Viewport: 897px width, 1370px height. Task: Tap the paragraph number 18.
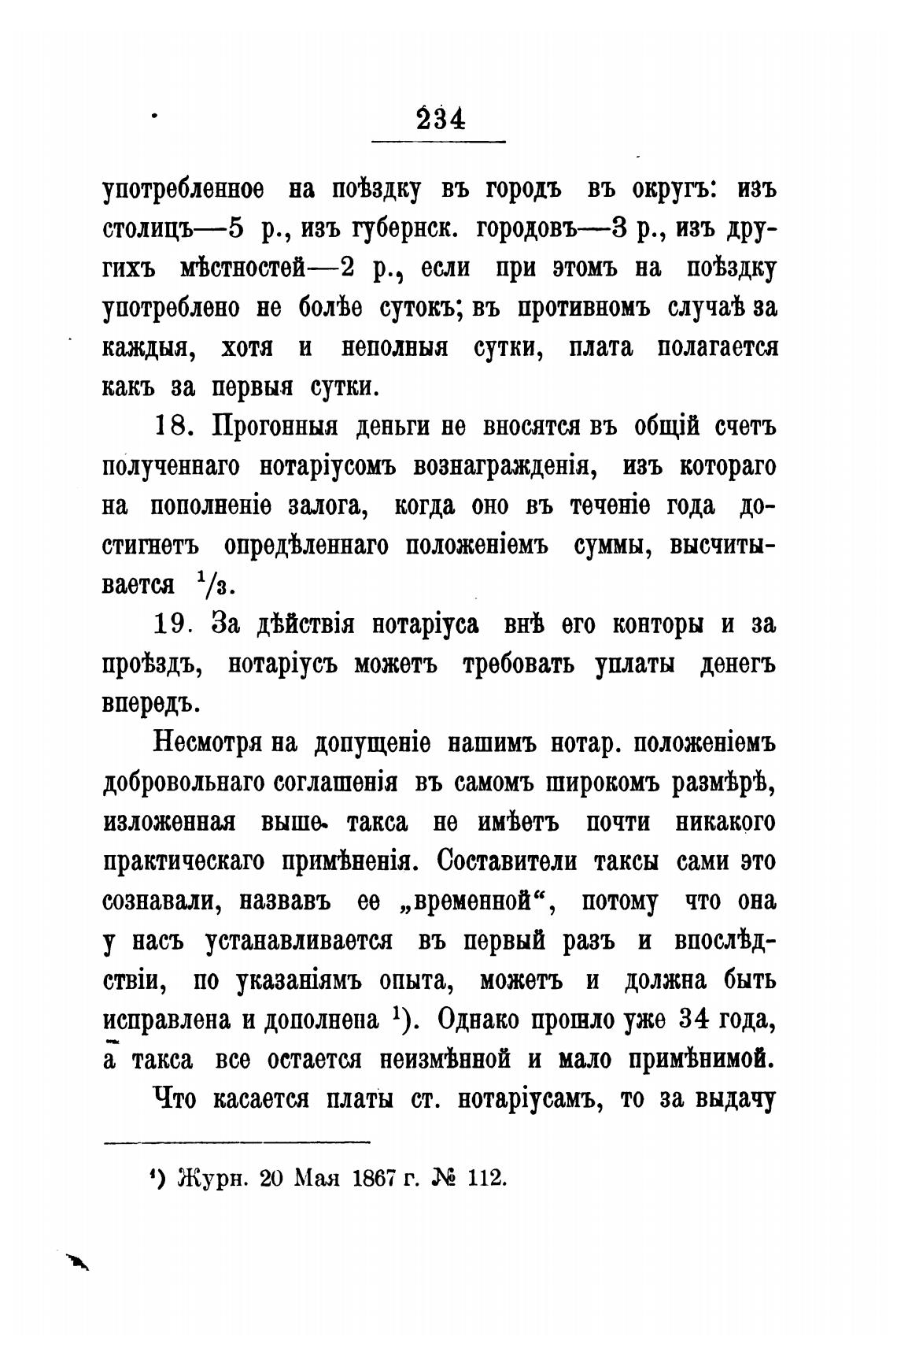coord(170,428)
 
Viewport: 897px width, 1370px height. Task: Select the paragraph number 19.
coord(170,624)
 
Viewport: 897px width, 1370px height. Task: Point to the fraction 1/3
coord(212,584)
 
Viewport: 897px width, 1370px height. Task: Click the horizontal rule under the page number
coord(438,142)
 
